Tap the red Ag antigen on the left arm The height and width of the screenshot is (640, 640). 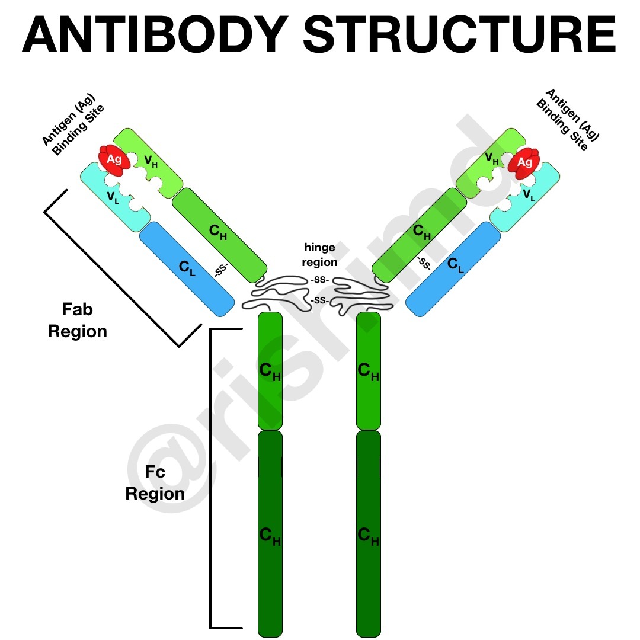point(113,160)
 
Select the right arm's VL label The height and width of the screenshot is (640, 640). point(529,194)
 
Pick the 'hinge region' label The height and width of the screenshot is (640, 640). point(320,254)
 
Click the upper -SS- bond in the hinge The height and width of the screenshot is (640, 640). point(320,279)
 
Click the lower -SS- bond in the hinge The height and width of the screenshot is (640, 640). point(320,301)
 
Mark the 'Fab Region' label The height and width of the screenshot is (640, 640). point(78,320)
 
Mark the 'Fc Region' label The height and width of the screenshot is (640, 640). point(155,482)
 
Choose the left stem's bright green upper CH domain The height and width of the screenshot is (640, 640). point(270,370)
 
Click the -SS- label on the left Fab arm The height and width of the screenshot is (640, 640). point(221,270)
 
